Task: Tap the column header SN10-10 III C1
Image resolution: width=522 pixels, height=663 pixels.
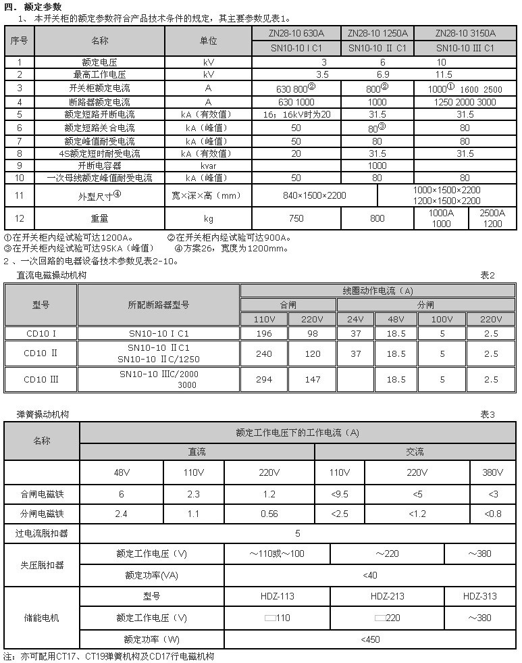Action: point(465,48)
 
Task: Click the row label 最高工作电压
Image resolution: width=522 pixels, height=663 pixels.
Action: point(99,74)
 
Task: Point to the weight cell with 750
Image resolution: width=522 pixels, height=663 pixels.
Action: point(296,218)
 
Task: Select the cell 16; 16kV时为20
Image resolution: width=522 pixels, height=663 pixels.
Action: point(296,115)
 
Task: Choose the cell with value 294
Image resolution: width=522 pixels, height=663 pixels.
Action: point(263,379)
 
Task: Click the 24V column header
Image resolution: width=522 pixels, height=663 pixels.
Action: point(355,318)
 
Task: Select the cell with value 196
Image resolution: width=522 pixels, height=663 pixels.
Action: point(263,333)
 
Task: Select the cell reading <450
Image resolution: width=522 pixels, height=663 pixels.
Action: point(369,639)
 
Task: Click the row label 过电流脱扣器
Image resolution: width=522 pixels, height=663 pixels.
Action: point(42,533)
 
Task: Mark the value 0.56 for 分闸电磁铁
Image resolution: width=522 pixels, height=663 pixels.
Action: point(269,514)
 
